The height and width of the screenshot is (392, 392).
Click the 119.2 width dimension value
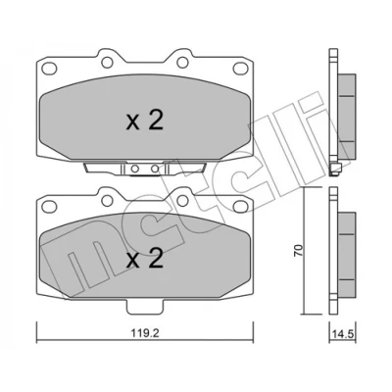click(145, 333)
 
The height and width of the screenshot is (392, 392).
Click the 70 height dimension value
click(300, 250)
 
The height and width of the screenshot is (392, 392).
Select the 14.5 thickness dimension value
click(342, 335)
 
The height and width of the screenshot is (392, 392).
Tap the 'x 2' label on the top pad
click(145, 121)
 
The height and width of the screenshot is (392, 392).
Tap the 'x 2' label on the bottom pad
click(145, 258)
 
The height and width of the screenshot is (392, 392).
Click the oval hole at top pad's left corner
click(49, 69)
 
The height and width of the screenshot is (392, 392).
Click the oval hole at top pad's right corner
click(240, 68)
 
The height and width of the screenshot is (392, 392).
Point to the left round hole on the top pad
click(107, 62)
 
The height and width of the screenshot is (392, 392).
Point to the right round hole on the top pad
click(182, 62)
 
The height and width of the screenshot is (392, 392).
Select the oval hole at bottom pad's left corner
click(49, 206)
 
